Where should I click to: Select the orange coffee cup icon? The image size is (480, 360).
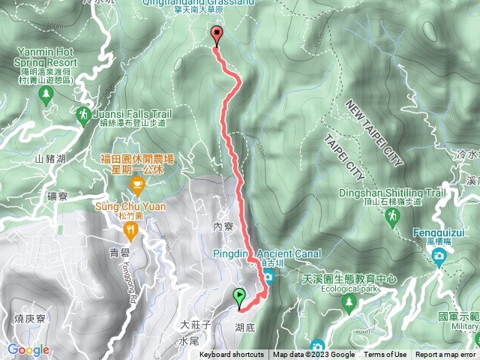pyautogui.click(x=137, y=184)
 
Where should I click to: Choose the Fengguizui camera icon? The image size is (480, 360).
pyautogui.click(x=438, y=258)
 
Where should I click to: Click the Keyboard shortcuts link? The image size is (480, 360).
pyautogui.click(x=232, y=355)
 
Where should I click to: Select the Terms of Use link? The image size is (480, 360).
pyautogui.click(x=385, y=355)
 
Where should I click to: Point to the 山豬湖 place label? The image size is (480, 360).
pyautogui.click(x=50, y=158)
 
